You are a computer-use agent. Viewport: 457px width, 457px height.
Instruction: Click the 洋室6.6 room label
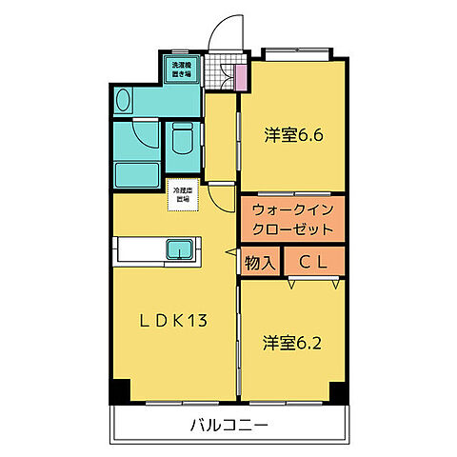(294, 135)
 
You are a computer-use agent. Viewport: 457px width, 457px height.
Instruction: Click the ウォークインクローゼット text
(293, 220)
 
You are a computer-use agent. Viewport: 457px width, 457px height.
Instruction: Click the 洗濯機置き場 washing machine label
(181, 70)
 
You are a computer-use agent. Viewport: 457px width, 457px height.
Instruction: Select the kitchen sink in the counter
(180, 249)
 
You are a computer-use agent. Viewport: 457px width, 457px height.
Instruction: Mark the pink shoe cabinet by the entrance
(241, 75)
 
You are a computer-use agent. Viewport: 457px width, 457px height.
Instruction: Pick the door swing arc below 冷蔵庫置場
(220, 199)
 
